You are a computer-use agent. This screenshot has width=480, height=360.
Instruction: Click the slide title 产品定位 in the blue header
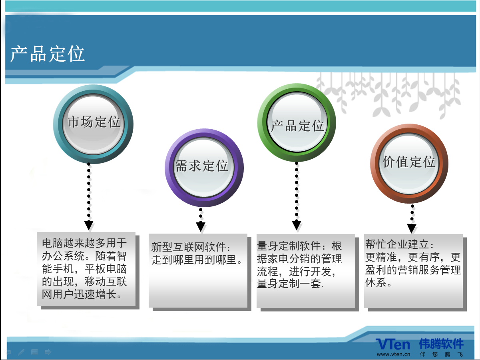[x=48, y=54]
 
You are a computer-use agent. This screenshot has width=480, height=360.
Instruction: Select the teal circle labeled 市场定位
[x=93, y=124]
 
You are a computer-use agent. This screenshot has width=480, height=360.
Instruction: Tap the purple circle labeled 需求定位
[x=204, y=168]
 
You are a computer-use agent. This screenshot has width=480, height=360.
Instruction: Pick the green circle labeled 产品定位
[x=297, y=122]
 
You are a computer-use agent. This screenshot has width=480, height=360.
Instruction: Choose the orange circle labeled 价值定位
[x=409, y=164]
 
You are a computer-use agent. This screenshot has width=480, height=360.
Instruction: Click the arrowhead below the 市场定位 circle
[x=89, y=226]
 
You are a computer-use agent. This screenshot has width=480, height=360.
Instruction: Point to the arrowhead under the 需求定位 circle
[x=201, y=227]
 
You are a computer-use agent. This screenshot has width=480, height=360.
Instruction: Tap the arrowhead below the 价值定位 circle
[x=412, y=228]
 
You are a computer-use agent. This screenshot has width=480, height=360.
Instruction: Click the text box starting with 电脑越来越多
[x=86, y=269]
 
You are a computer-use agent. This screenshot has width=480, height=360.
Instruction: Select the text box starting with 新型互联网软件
[x=198, y=270]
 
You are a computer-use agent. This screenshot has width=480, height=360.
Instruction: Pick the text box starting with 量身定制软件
[x=306, y=271]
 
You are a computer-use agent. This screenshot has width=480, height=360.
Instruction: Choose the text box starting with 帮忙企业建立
[x=414, y=271]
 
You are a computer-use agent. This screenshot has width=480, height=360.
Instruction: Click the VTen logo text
[x=393, y=344]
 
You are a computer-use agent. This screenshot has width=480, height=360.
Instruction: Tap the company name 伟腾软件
[x=441, y=344]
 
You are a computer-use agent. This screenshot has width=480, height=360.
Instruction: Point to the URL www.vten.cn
[x=393, y=354]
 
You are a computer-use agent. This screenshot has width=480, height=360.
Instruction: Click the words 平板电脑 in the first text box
[x=106, y=269]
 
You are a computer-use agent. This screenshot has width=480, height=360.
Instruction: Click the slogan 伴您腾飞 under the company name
[x=441, y=354]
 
